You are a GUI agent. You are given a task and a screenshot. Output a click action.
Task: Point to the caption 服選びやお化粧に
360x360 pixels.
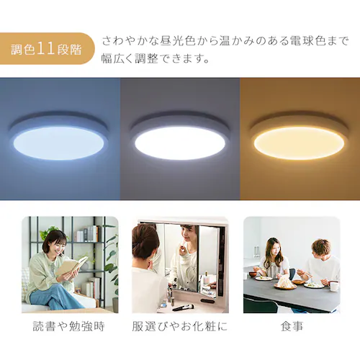[x=180, y=326]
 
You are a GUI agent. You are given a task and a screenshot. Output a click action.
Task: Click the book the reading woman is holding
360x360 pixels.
[x=71, y=267]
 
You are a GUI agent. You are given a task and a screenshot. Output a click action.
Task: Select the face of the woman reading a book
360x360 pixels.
[x=57, y=243]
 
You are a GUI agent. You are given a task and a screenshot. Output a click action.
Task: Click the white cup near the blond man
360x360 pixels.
[x=334, y=285]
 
